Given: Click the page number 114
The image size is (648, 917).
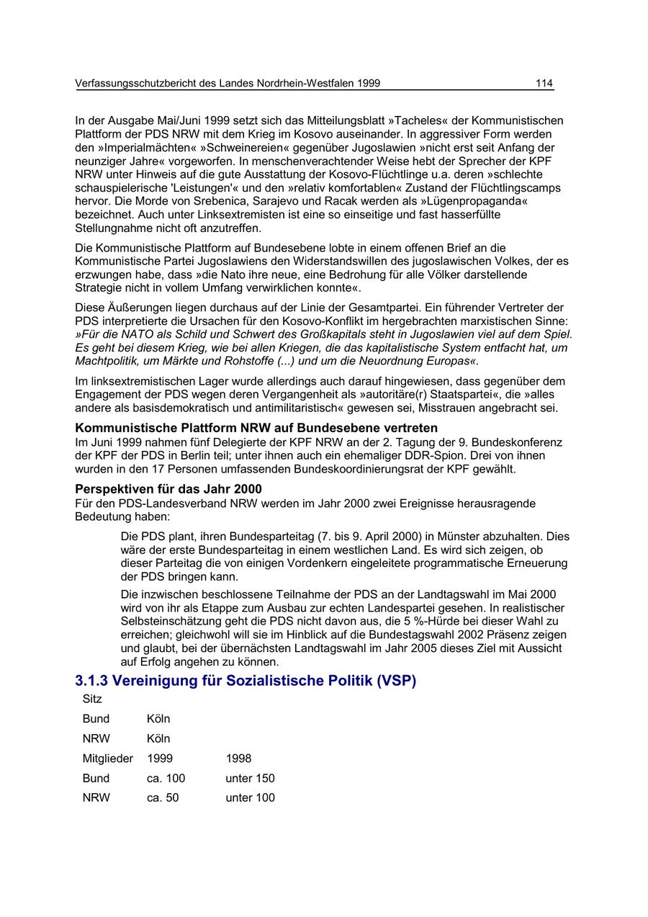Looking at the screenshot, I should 544,84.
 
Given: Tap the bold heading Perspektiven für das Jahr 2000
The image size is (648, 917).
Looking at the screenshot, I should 168,489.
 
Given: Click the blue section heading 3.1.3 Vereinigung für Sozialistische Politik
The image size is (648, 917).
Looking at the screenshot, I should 246,681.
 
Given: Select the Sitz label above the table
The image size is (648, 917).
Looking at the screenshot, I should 92,699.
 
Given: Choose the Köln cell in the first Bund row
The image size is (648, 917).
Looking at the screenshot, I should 158,719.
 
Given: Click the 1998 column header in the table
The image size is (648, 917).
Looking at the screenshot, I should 238,759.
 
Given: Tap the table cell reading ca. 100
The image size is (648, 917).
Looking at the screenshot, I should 166,779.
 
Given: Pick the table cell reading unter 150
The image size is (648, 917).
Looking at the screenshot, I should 250,779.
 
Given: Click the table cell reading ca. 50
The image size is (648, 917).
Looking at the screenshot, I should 163,798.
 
